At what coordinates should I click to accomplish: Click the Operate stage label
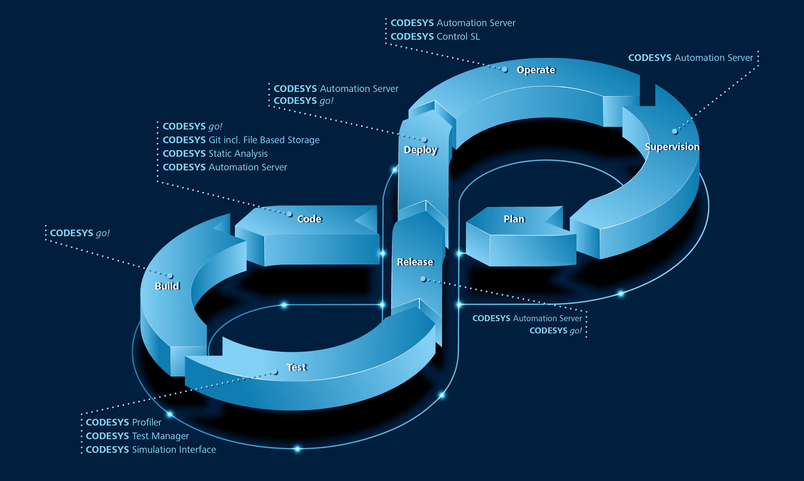(536, 70)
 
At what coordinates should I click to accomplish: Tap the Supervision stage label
(672, 147)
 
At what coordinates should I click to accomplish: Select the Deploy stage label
(420, 150)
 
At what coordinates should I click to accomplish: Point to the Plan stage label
(514, 219)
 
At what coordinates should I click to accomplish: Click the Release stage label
(415, 262)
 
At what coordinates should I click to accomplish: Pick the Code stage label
(309, 219)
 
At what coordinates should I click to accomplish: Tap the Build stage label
(167, 286)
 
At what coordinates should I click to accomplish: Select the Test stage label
(296, 367)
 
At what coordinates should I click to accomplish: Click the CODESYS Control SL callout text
(435, 37)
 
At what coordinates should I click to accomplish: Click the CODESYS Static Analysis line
(215, 154)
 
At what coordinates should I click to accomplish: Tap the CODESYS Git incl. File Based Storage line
(241, 140)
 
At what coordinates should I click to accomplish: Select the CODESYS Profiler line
(123, 422)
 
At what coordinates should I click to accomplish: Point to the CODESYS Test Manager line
(137, 436)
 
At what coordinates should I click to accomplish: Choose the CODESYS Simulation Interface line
(151, 450)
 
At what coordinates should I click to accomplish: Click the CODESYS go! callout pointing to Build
(79, 233)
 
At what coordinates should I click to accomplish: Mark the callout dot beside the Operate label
(505, 70)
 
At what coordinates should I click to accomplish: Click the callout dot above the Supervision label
(674, 131)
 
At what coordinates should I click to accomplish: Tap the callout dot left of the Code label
(289, 214)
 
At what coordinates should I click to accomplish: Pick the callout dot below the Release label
(423, 279)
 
